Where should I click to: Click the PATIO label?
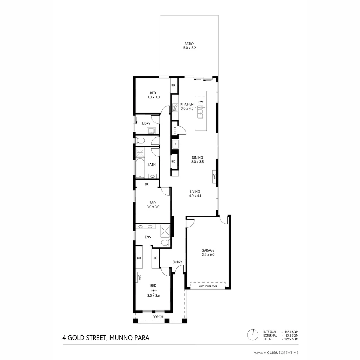(x=189, y=44)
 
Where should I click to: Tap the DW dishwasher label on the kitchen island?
(x=200, y=102)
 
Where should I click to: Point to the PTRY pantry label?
(x=175, y=130)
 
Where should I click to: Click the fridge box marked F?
(x=175, y=145)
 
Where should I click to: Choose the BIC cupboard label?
(x=173, y=161)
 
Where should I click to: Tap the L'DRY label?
(x=146, y=123)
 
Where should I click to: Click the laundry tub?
(x=151, y=131)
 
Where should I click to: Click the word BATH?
(x=152, y=164)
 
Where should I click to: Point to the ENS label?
(x=148, y=237)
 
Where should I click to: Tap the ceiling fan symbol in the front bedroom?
(x=153, y=290)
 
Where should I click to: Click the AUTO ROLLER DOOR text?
(x=208, y=286)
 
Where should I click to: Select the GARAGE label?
(x=208, y=250)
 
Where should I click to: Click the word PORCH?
(x=158, y=317)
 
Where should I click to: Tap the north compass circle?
(x=253, y=334)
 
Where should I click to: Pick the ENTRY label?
(x=177, y=262)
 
